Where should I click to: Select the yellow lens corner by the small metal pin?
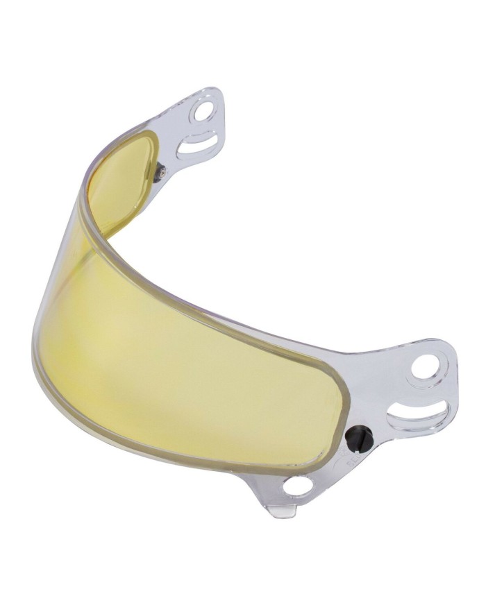tap(149, 139)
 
